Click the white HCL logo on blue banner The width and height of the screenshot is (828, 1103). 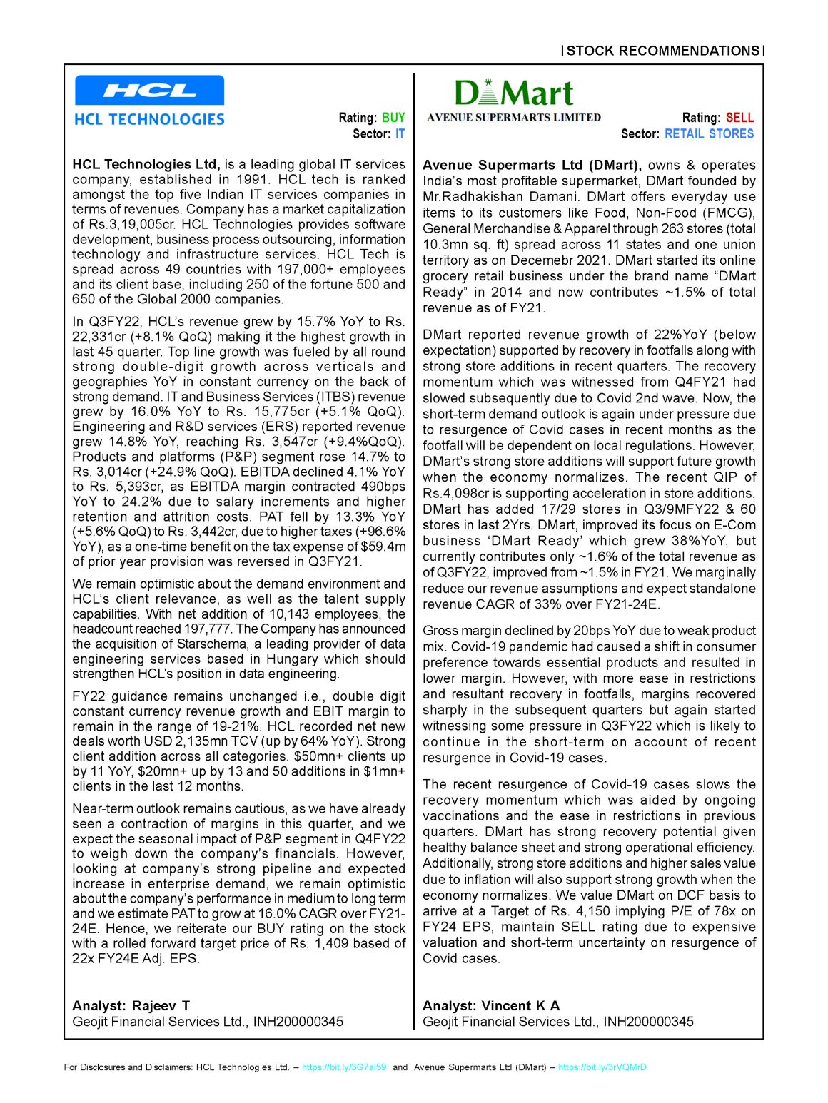pyautogui.click(x=149, y=91)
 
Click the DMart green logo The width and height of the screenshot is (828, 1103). pyautogui.click(x=513, y=93)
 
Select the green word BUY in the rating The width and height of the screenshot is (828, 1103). pyautogui.click(x=393, y=118)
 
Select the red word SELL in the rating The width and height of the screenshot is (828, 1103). pyautogui.click(x=740, y=118)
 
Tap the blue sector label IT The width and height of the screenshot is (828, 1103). pyautogui.click(x=400, y=133)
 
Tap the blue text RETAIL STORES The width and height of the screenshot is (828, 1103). pyautogui.click(x=709, y=133)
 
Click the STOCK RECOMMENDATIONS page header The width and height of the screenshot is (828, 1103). pyautogui.click(x=663, y=51)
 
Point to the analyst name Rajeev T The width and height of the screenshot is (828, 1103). pyautogui.click(x=161, y=1005)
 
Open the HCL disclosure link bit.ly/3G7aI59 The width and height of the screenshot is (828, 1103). pyautogui.click(x=344, y=1067)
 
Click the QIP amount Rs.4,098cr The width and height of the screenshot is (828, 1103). pyautogui.click(x=458, y=493)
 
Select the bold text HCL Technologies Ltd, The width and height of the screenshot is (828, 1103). pyautogui.click(x=146, y=165)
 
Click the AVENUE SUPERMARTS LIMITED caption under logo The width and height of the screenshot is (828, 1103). pyautogui.click(x=514, y=118)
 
